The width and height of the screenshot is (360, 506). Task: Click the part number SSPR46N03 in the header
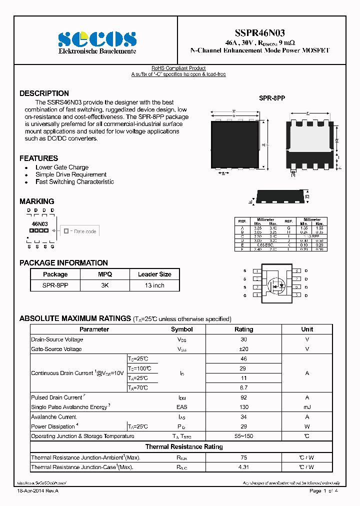259,33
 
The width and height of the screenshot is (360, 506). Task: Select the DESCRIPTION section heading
44,93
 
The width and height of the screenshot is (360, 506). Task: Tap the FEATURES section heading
38,158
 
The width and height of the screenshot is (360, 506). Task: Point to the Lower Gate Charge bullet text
62,167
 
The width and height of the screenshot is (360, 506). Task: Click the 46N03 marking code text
39,224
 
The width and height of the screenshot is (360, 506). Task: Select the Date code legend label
84,231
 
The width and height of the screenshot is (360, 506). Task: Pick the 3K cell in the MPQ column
104,285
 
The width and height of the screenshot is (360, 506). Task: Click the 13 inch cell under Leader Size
154,285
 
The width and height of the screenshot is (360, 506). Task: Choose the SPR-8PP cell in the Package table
55,285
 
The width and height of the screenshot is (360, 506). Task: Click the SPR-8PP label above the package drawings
271,99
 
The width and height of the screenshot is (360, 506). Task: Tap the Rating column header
243,329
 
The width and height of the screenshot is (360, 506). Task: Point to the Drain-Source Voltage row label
57,339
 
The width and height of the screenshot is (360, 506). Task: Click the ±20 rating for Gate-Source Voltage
243,349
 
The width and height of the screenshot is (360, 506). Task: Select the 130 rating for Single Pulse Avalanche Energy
243,407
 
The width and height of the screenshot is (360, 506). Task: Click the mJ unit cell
307,407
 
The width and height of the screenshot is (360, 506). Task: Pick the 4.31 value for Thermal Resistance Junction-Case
243,467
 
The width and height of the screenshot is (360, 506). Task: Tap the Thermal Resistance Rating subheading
184,446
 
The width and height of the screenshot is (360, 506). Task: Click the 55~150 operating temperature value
243,436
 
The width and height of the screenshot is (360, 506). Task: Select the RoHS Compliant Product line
178,68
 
